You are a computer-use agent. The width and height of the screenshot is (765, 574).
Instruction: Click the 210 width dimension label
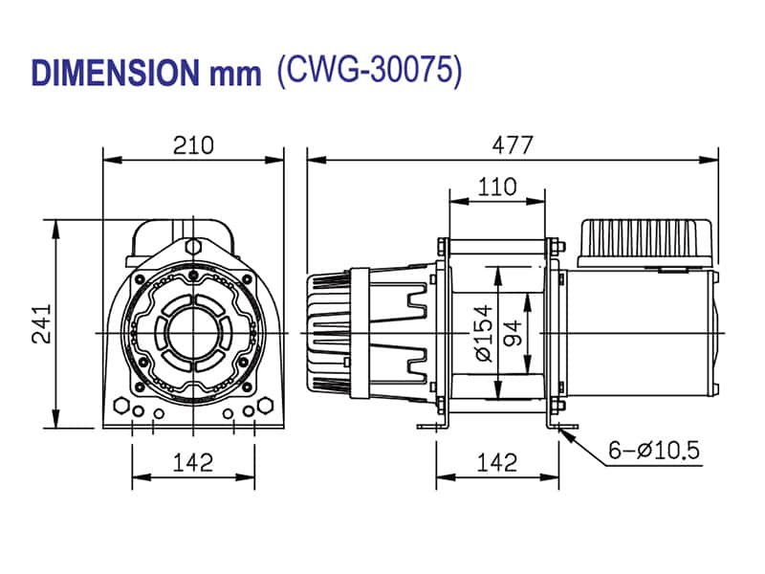[x=193, y=144]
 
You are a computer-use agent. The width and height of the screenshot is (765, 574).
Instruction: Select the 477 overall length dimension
[x=513, y=144]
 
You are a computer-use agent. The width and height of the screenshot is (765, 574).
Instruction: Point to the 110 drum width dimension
[x=497, y=187]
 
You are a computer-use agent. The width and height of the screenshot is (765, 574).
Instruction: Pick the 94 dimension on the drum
[x=514, y=334]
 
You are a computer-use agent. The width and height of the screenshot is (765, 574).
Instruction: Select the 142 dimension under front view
[x=193, y=463]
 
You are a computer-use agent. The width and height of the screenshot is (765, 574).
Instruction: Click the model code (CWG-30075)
[x=369, y=72]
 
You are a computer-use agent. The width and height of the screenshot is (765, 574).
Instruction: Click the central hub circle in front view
[x=193, y=331]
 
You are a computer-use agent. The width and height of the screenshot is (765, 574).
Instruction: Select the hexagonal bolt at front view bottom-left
[x=120, y=404]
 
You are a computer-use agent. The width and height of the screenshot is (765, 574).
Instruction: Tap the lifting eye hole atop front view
[x=193, y=247]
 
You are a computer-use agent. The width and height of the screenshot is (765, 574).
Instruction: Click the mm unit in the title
[x=234, y=75]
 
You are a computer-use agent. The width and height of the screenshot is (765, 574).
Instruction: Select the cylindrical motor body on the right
[x=636, y=330]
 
